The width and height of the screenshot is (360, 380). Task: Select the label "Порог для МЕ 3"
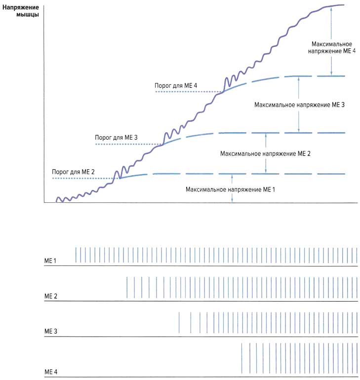(117, 137)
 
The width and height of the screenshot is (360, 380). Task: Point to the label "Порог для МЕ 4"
(176, 85)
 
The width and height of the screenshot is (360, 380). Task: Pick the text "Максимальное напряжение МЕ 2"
(265, 153)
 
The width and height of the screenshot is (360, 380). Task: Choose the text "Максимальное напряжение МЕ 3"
(299, 105)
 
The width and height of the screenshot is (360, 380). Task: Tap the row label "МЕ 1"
(51, 260)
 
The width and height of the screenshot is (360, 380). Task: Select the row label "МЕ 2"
(51, 296)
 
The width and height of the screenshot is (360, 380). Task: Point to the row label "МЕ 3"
(51, 331)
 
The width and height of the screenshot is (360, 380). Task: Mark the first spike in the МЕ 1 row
(76, 255)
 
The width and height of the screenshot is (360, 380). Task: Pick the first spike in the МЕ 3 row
(179, 323)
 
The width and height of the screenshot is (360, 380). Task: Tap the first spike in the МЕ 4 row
(241, 359)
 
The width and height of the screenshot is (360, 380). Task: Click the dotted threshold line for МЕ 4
(188, 92)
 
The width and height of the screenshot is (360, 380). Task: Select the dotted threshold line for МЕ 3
(128, 144)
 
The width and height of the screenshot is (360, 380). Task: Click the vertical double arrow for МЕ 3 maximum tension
(299, 105)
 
